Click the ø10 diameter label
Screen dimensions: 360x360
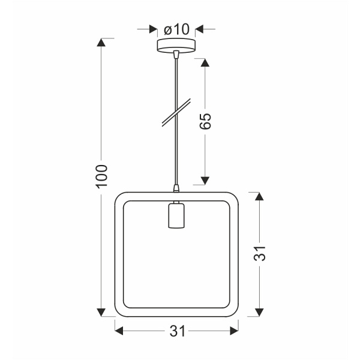pos(176,29)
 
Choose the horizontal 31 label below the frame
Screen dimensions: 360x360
pos(176,331)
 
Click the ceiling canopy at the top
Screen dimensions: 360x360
pos(176,46)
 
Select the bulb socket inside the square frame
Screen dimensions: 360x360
pos(176,216)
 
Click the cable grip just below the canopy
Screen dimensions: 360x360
pos(176,56)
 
